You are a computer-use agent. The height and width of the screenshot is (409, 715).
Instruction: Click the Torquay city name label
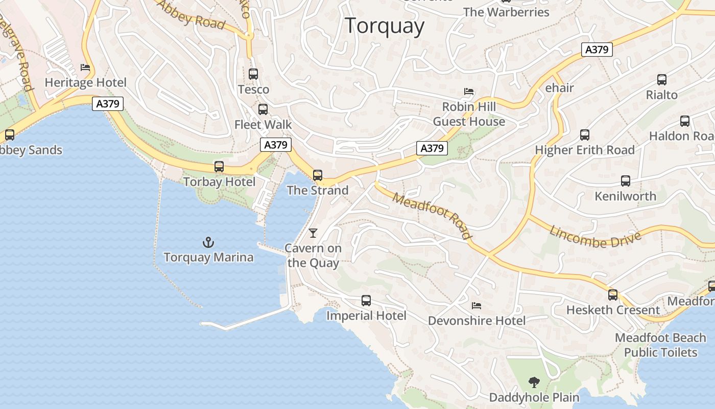385,26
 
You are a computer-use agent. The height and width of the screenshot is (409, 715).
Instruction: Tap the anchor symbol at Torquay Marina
208,242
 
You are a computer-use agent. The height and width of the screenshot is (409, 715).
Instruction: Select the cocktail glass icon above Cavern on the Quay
313,233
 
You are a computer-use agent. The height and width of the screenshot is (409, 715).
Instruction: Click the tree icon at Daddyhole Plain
534,382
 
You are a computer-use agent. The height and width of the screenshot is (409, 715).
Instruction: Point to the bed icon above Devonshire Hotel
476,306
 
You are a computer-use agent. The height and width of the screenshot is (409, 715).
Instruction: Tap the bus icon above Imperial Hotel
366,301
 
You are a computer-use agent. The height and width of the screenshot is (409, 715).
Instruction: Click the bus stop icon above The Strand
318,175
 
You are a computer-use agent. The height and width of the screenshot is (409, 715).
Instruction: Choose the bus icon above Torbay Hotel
219,167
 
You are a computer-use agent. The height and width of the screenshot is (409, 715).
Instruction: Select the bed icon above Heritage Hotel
85,67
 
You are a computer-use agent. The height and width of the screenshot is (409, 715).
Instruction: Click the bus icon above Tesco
253,74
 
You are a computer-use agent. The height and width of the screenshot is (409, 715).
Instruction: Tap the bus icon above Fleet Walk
263,109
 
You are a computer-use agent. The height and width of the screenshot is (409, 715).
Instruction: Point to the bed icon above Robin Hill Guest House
469,92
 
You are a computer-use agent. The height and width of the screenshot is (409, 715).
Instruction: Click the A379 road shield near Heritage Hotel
108,104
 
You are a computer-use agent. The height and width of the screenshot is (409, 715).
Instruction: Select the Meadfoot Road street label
432,216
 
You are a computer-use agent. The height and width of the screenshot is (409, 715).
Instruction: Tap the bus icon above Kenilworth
626,181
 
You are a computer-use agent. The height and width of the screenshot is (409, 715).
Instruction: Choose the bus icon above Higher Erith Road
585,135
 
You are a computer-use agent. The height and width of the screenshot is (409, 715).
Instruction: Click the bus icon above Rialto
662,80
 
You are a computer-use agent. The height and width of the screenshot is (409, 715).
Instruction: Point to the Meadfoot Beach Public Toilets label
660,345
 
